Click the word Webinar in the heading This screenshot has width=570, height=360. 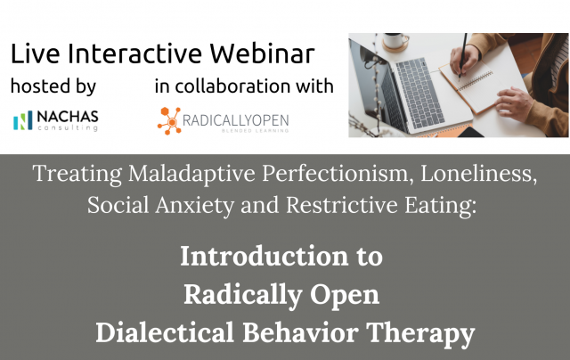pyautogui.click(x=262, y=53)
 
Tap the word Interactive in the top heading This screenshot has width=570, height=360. pyautogui.click(x=134, y=53)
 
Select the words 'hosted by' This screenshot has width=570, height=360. pyautogui.click(x=53, y=86)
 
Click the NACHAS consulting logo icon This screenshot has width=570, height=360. pyautogui.click(x=23, y=120)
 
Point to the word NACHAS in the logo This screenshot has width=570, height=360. pyautogui.click(x=68, y=117)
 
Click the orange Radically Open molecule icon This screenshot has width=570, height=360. pyautogui.click(x=169, y=120)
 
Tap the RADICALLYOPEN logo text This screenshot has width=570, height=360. pyautogui.click(x=235, y=120)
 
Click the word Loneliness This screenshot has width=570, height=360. pyautogui.click(x=479, y=174)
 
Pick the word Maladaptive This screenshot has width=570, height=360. pyautogui.click(x=192, y=174)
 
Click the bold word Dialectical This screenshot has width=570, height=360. pyautogui.click(x=165, y=332)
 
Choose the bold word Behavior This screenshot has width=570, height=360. pyautogui.click(x=300, y=332)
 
